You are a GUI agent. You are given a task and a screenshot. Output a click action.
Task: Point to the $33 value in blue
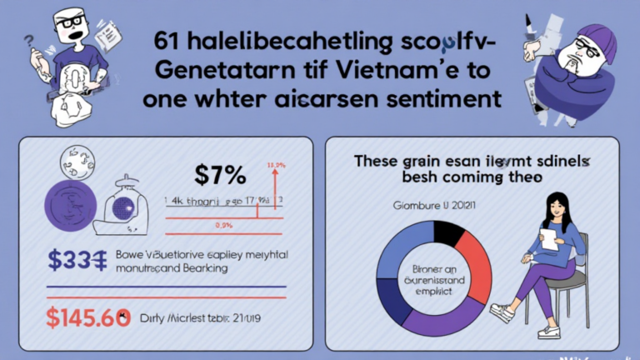74,261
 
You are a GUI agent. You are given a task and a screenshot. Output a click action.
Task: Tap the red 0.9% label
222,226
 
